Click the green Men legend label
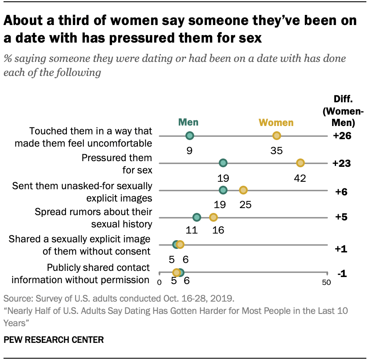[188, 122]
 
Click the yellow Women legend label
[276, 122]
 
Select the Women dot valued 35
[276, 136]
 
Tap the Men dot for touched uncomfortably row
[189, 136]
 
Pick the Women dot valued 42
[300, 163]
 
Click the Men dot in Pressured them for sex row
[223, 163]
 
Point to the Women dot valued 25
[243, 190]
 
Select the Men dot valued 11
[196, 217]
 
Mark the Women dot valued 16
[213, 217]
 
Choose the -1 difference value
[343, 274]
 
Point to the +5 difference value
[343, 218]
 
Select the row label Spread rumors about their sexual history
[93, 218]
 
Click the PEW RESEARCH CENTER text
[54, 339]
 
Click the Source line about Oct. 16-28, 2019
[119, 299]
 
